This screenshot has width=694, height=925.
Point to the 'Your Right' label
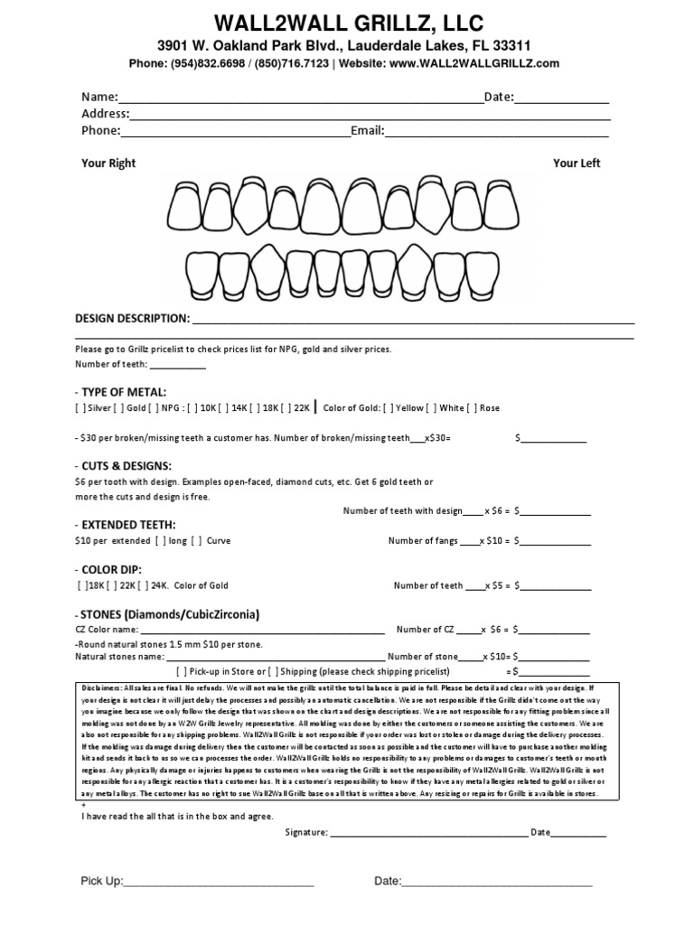(x=108, y=164)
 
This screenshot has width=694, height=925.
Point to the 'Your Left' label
(x=577, y=164)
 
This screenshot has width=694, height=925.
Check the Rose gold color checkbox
(x=471, y=408)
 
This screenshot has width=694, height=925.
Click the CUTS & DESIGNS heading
(x=126, y=464)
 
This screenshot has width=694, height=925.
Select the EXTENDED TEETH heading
(x=129, y=525)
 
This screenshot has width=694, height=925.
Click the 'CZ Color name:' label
(x=107, y=630)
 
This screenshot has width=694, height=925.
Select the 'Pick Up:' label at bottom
(x=102, y=881)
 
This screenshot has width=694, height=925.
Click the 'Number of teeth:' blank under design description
(x=177, y=365)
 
